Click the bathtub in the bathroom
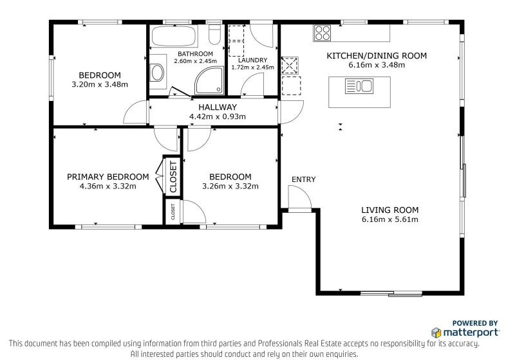tap(174, 36)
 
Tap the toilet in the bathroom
tap(215, 34)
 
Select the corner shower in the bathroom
tap(209, 81)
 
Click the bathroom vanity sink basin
tap(157, 73)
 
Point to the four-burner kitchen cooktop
tap(322, 33)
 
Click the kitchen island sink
tap(359, 86)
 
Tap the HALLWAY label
tap(218, 107)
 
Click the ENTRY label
tap(303, 179)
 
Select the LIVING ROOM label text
tap(390, 210)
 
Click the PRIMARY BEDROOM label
tap(108, 177)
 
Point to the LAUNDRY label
tap(252, 60)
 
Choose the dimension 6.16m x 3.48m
tap(377, 65)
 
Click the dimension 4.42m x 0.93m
tap(218, 116)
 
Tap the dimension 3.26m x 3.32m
tap(230, 187)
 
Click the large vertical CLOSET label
tap(173, 177)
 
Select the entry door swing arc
tap(299, 197)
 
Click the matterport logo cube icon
tap(436, 332)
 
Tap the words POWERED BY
tap(475, 323)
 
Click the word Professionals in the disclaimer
tap(280, 343)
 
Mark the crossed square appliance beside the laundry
tap(290, 65)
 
